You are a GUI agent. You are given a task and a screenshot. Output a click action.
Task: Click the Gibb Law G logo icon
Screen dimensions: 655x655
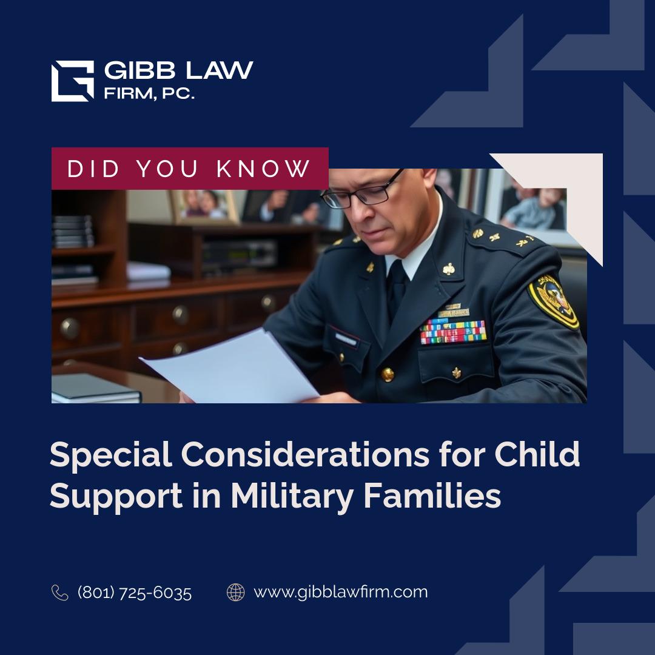[72, 81]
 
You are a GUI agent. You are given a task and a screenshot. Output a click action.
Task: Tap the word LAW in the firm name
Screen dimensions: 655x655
[220, 70]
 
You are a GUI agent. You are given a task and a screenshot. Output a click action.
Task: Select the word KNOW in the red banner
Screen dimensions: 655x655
[263, 169]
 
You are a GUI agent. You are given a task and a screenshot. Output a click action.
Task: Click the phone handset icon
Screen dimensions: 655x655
[59, 593]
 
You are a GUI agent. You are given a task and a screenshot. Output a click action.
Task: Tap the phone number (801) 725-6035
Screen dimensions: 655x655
[135, 593]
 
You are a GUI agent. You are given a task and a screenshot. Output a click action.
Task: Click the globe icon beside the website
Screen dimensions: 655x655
[235, 593]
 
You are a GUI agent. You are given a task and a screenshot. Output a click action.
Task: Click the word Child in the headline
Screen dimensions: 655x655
[537, 454]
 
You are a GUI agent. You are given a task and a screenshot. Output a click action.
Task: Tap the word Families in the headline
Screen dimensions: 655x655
[432, 495]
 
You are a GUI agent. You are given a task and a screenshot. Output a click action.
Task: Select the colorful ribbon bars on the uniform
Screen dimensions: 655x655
[453, 332]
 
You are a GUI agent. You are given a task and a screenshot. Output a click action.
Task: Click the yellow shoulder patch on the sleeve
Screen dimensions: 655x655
[553, 301]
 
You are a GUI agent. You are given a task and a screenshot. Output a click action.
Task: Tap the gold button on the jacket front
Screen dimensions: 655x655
[387, 374]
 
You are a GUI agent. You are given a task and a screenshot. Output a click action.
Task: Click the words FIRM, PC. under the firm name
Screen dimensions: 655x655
[149, 93]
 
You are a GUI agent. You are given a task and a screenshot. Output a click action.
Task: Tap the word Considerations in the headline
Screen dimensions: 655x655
[305, 454]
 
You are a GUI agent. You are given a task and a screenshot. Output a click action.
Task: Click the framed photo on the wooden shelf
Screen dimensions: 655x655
[204, 207]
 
